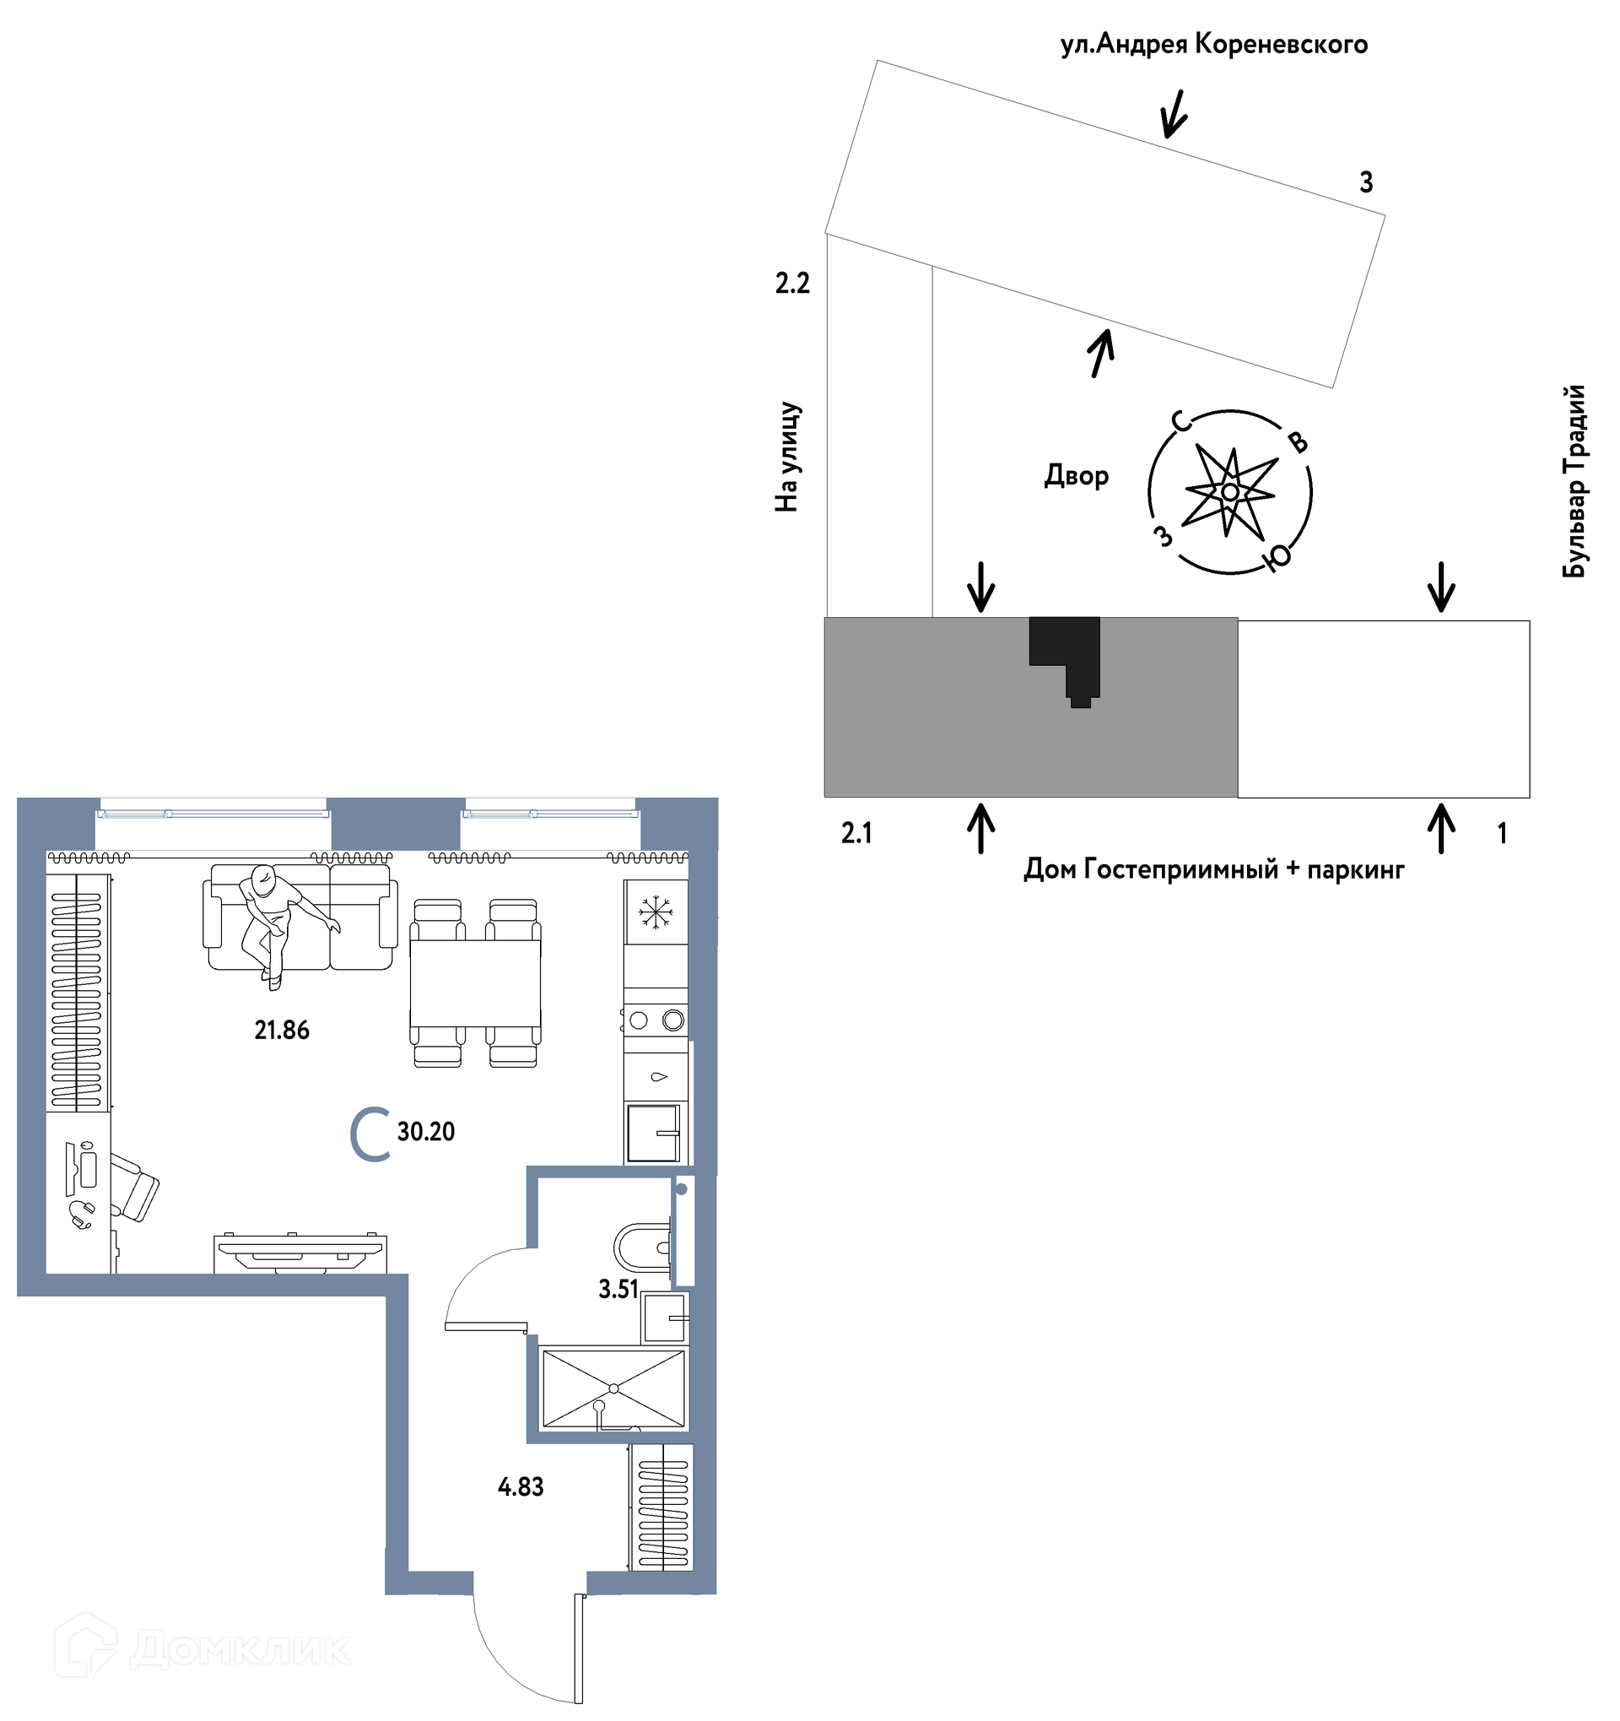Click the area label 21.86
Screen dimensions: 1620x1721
click(281, 1031)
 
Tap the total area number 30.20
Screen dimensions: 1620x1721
click(426, 1132)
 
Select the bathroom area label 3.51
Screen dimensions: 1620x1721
click(618, 1289)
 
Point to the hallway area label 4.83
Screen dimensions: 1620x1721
click(520, 1486)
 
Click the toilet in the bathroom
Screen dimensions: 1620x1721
click(642, 1247)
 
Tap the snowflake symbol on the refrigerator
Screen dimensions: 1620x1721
click(655, 912)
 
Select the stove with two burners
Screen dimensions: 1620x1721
click(655, 1020)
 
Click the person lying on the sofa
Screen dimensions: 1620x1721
click(281, 923)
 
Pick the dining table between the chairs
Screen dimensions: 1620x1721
click(475, 982)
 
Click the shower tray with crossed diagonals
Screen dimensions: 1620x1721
click(613, 1388)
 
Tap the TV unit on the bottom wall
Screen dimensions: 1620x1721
click(300, 1253)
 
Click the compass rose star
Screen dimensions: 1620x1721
click(1229, 492)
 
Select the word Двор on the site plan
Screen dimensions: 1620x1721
click(1076, 475)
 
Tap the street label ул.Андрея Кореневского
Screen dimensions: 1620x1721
click(1213, 44)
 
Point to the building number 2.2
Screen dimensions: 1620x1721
click(791, 283)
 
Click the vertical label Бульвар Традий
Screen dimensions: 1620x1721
click(1574, 480)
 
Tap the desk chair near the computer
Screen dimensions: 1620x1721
click(134, 1187)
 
